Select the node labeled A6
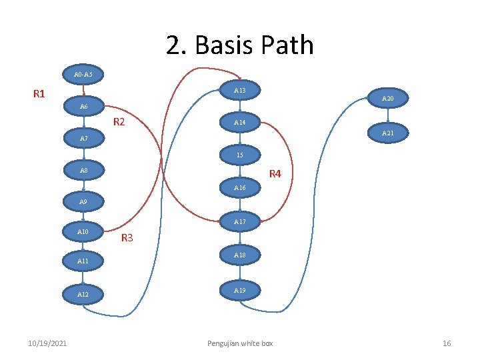pos(83,107)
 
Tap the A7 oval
pos(83,139)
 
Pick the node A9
pos(83,201)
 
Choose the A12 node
pos(83,294)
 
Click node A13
pos(239,90)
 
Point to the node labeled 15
pos(239,155)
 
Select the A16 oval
pos(239,189)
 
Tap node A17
pos(239,221)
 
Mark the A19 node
pos(239,291)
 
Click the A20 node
pos(387,99)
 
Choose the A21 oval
pos(387,133)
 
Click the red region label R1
pos(39,93)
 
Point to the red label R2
pos(119,122)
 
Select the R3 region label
pos(127,238)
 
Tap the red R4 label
pos(275,175)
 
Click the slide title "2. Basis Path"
pos(239,45)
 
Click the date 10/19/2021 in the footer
pos(47,343)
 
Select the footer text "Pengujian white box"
pos(239,343)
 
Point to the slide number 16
pos(447,343)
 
